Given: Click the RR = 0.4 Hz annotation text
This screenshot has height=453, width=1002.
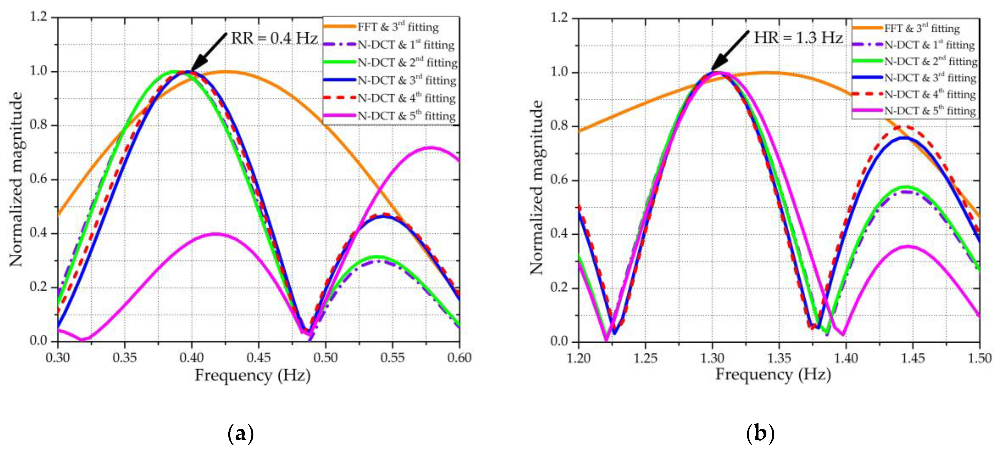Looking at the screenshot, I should point(274,38).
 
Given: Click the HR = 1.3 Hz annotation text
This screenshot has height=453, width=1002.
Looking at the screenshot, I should point(798,38).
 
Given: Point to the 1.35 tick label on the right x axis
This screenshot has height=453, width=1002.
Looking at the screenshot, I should point(779,358).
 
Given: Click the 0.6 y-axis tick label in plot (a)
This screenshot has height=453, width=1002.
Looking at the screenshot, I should point(38,179).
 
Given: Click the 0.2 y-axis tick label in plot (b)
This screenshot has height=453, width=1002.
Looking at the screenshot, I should point(559,288).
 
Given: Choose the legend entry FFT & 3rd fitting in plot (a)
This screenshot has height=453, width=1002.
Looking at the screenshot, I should point(398,27).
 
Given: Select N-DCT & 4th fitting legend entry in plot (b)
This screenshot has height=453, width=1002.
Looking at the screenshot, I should point(930,94).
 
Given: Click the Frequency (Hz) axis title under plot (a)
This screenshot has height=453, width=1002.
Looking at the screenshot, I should point(253,376).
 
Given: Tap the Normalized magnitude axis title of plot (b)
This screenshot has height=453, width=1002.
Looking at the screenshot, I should point(537,187).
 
